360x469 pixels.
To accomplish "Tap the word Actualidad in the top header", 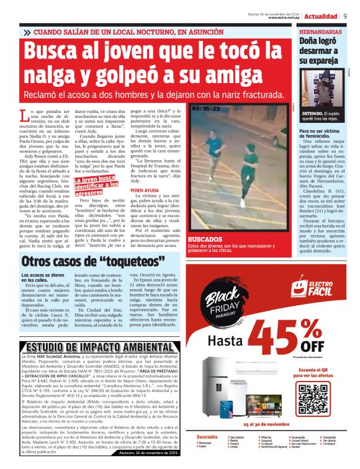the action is coord(321,16).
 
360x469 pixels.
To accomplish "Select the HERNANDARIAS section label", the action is coord(320,31).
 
